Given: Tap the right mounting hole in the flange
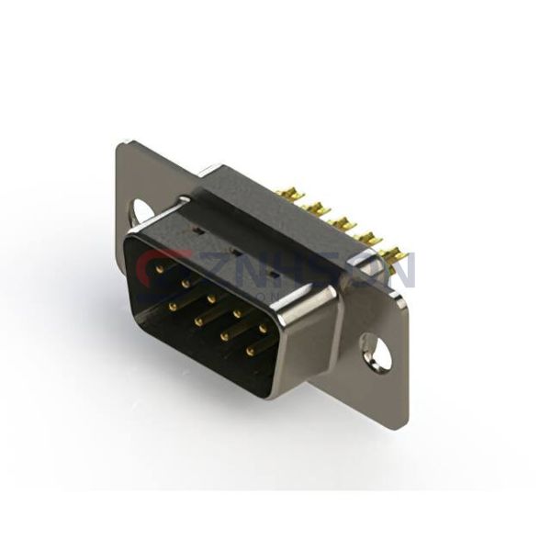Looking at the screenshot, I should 377,353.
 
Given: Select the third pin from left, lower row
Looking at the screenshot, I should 224,332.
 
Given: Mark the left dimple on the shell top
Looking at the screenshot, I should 195,221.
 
